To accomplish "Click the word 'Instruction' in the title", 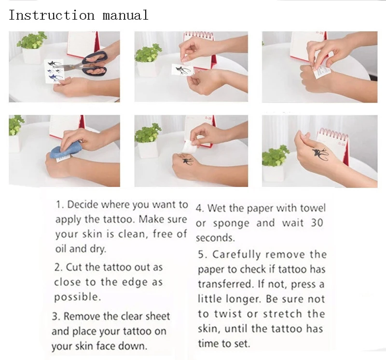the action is click(52, 15).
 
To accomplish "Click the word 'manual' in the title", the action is click(125, 15).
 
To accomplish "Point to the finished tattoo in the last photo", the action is click(320, 154).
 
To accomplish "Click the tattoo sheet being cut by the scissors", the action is click(54, 71).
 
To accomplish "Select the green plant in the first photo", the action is click(31, 40).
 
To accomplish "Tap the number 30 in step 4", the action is click(317, 223).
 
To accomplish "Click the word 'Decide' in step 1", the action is click(83, 204).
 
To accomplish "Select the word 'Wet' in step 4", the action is click(217, 208).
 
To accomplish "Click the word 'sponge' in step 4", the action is click(231, 224).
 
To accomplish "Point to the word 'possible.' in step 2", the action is click(78, 297).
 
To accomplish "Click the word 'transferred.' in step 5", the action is click(226, 284).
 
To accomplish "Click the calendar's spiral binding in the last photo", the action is click(333, 134).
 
